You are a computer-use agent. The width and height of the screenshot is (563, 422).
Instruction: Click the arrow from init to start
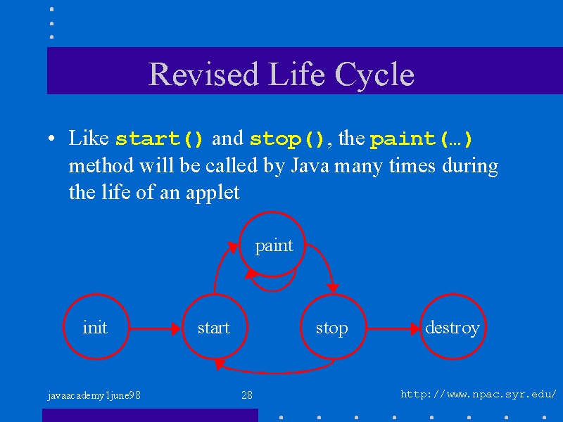point(155,328)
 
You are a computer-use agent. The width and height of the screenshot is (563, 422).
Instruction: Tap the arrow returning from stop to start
point(274,373)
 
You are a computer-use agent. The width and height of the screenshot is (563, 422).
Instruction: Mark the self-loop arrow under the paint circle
point(272,290)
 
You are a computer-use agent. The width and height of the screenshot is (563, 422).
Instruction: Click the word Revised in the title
point(203,74)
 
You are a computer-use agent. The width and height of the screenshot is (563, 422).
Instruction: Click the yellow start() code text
point(159,139)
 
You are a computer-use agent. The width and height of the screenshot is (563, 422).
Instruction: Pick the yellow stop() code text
point(287,139)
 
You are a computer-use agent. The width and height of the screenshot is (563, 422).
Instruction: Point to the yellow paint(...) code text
point(421,139)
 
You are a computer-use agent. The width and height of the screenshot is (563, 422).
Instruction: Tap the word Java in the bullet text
point(310,166)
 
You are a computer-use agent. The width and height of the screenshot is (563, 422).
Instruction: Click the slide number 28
point(247,395)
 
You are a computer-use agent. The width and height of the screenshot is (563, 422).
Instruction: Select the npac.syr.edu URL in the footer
point(479,395)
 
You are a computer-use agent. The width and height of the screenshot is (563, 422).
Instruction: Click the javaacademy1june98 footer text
point(94,396)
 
